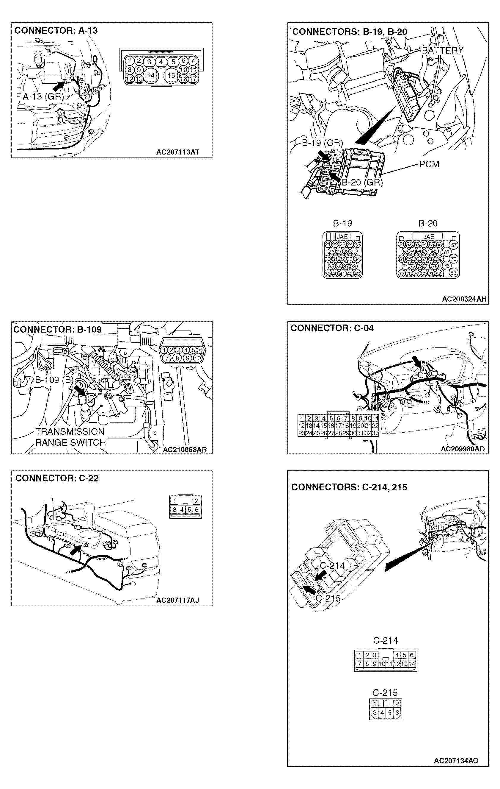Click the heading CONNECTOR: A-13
pyautogui.click(x=56, y=30)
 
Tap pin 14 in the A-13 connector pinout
pyautogui.click(x=150, y=75)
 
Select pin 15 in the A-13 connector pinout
pyautogui.click(x=171, y=75)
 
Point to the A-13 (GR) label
pyautogui.click(x=43, y=96)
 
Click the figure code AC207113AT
pyautogui.click(x=177, y=152)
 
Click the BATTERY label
pyautogui.click(x=443, y=50)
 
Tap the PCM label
pyautogui.click(x=429, y=164)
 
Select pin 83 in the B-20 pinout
pyautogui.click(x=454, y=273)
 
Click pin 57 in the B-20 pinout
pyautogui.click(x=454, y=245)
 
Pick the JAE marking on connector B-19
pyautogui.click(x=342, y=236)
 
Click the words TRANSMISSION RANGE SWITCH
pyautogui.click(x=70, y=437)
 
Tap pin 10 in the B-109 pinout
pyautogui.click(x=197, y=358)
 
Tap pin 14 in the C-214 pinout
pyautogui.click(x=412, y=664)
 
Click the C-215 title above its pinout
pyautogui.click(x=385, y=693)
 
